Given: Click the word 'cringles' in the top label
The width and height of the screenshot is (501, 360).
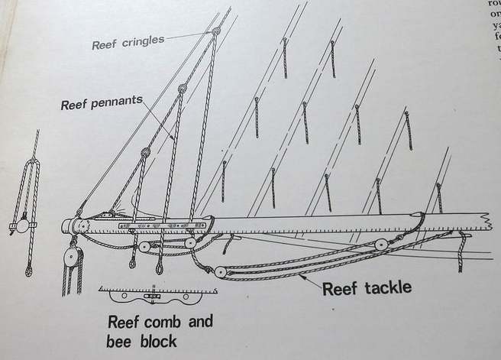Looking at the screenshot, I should click(142, 41).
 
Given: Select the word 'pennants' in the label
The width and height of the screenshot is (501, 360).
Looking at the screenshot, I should click(124, 105).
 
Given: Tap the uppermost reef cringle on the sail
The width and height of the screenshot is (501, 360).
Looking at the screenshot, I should click(216, 31).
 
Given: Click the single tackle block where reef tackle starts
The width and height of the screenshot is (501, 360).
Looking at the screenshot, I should click(219, 271).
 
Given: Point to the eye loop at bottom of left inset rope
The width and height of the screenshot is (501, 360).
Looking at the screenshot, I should click(28, 268).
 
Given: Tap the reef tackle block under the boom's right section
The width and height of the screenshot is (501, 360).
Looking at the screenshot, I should click(380, 245).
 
